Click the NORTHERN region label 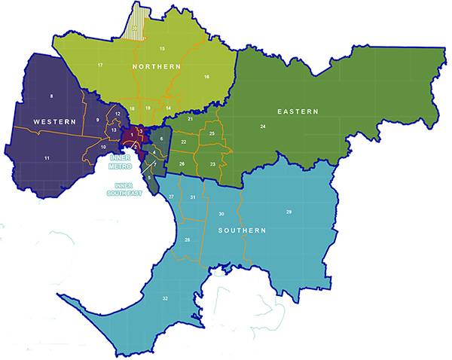pos(157,68)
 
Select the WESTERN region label pos(54,121)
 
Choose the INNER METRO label pos(124,163)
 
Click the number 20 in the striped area pos(135,29)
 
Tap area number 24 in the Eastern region pos(263,126)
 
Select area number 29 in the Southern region pos(289,212)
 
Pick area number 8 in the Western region pos(51,96)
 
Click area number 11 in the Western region pos(47,157)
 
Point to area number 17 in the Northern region pos(100,66)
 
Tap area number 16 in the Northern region pos(206,77)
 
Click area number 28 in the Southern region pos(187,240)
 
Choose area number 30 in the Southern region pos(221,214)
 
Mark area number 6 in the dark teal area pos(161,139)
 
